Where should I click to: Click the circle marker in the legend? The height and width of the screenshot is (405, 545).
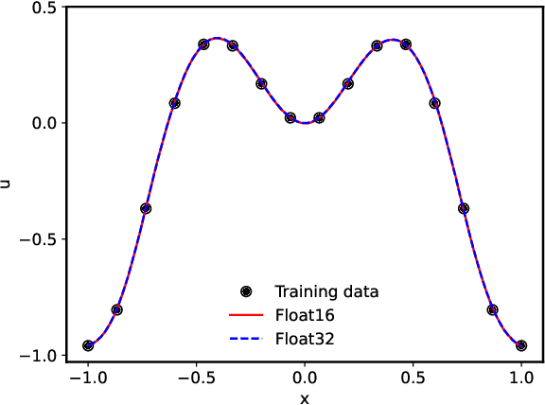pyautogui.click(x=247, y=291)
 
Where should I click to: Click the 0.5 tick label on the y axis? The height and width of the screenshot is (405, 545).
pyautogui.click(x=44, y=7)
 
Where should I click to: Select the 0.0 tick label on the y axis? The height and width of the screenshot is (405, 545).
pyautogui.click(x=44, y=123)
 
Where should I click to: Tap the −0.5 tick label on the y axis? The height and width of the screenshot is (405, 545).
pyautogui.click(x=40, y=239)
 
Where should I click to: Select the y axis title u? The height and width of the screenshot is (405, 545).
pyautogui.click(x=8, y=181)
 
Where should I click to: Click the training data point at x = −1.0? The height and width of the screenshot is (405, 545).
pyautogui.click(x=88, y=345)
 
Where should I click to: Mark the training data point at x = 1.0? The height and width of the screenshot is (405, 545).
pyautogui.click(x=520, y=345)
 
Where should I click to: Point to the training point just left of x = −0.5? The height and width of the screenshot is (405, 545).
pyautogui.click(x=203, y=44)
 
